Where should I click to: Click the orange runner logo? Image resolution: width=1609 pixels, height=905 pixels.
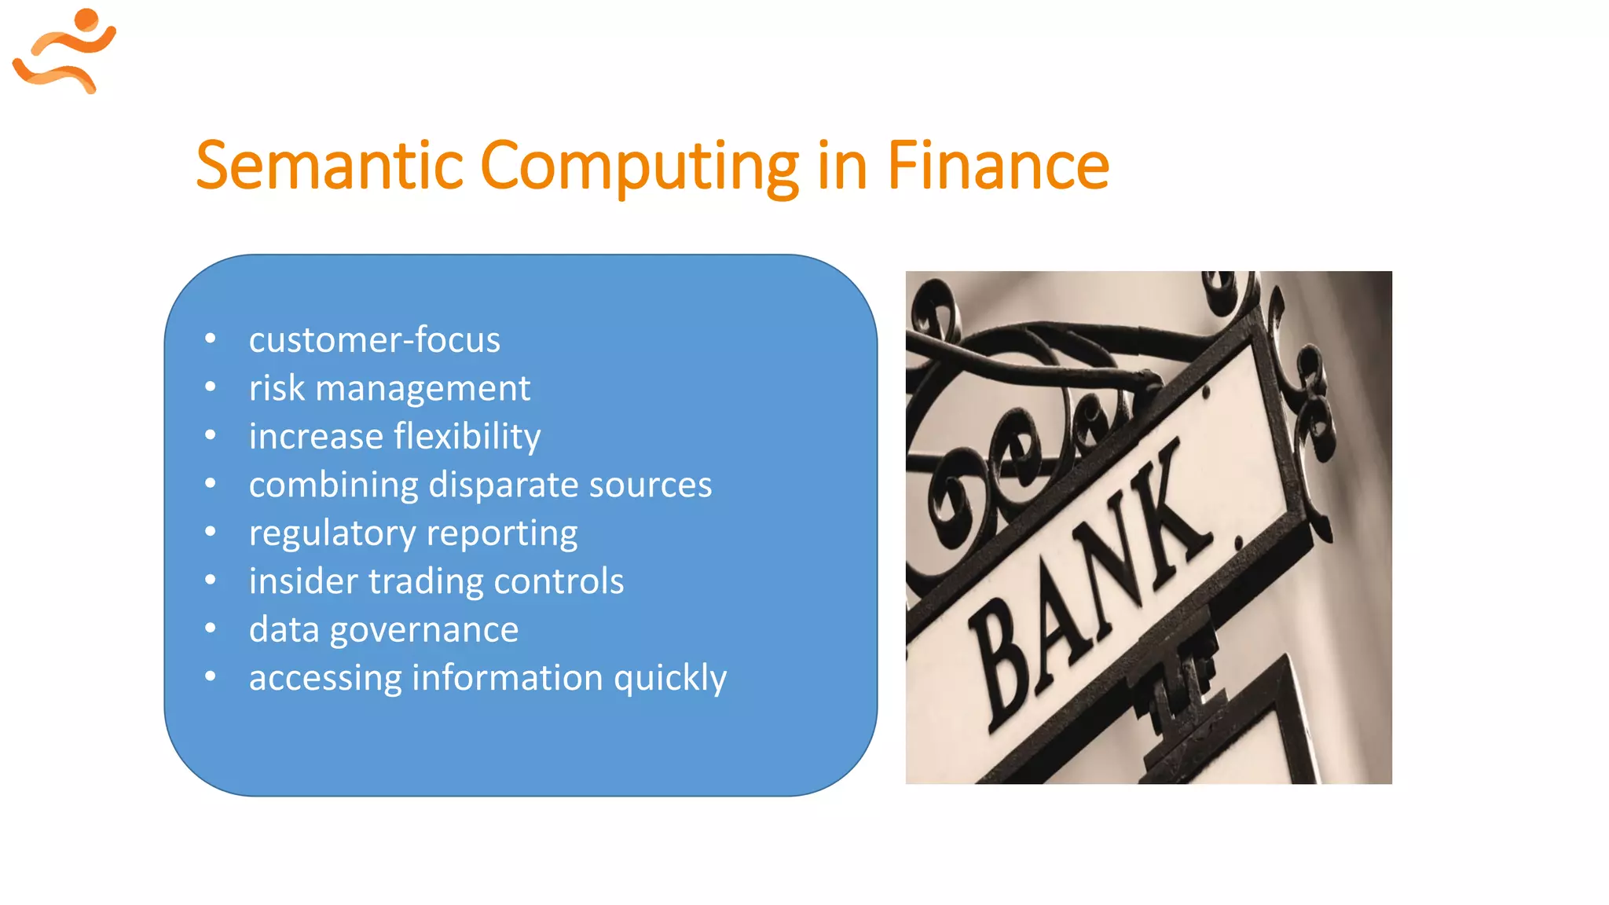coord(64,51)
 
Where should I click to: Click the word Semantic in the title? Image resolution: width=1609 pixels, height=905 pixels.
coord(329,166)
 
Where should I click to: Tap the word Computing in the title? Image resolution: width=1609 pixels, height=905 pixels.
coord(639,167)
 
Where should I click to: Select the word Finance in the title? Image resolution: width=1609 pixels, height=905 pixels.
coord(998,166)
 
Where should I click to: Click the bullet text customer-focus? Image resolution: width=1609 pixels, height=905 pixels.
coord(374,340)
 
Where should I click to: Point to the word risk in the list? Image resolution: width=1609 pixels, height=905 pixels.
coord(277,388)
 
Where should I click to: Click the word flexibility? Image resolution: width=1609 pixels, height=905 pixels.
coord(467,437)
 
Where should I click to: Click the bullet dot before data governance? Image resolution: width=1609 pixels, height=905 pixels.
coord(210,628)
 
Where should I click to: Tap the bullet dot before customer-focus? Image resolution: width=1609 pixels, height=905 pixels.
coord(210,339)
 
